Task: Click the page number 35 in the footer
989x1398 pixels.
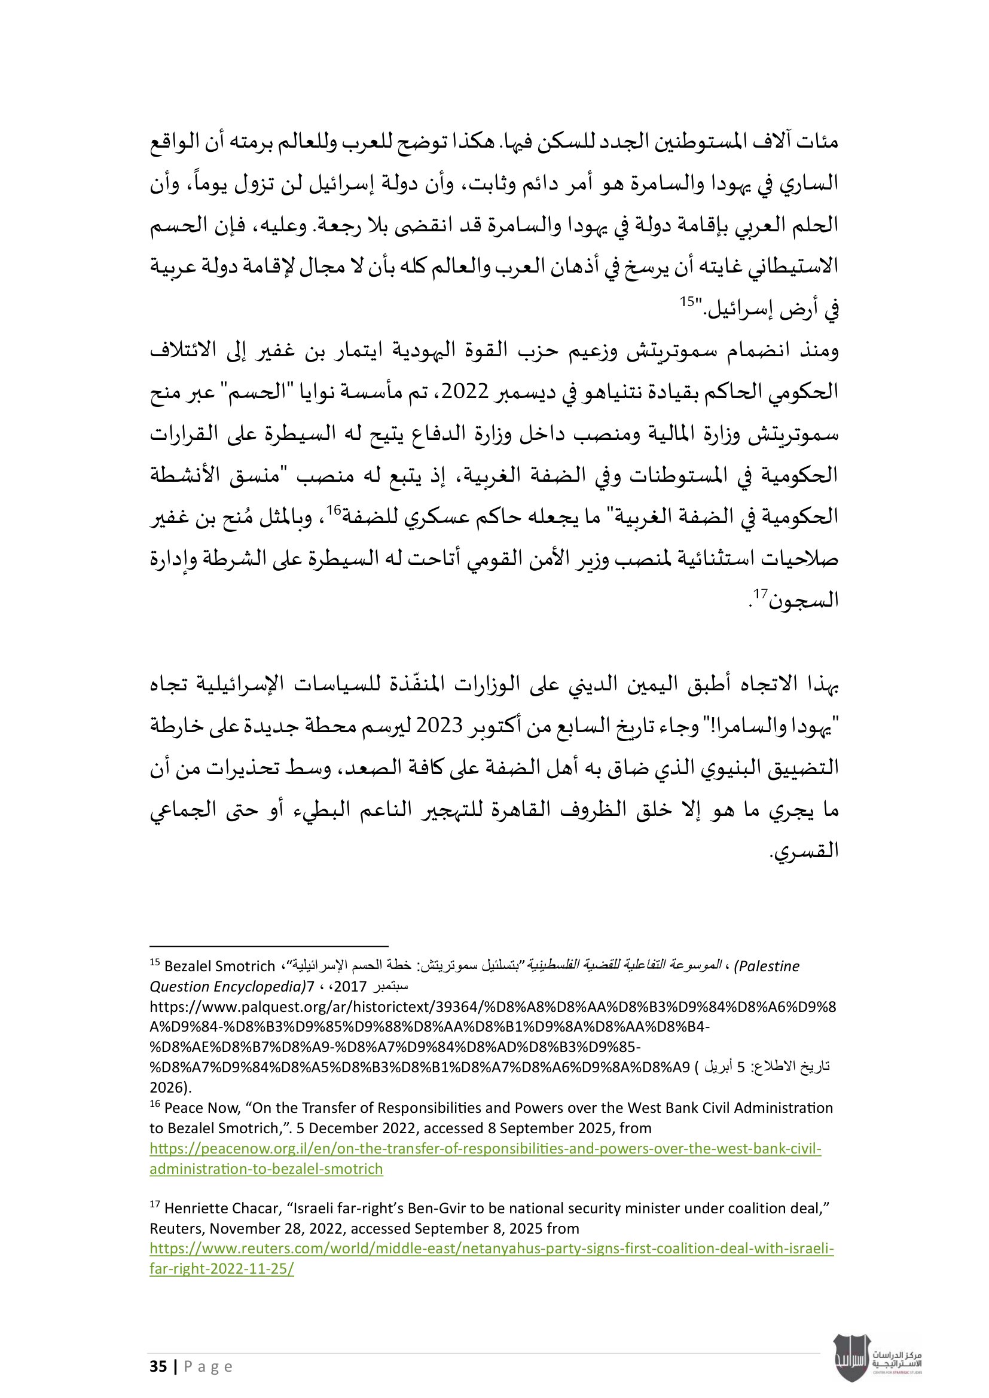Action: tap(158, 1366)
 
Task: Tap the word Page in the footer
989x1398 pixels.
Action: tap(208, 1367)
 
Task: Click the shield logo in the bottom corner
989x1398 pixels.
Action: tap(851, 1358)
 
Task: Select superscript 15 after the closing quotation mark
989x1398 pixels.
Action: tap(687, 301)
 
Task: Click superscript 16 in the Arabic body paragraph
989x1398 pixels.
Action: tap(333, 510)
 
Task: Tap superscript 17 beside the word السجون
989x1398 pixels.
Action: tap(761, 594)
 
